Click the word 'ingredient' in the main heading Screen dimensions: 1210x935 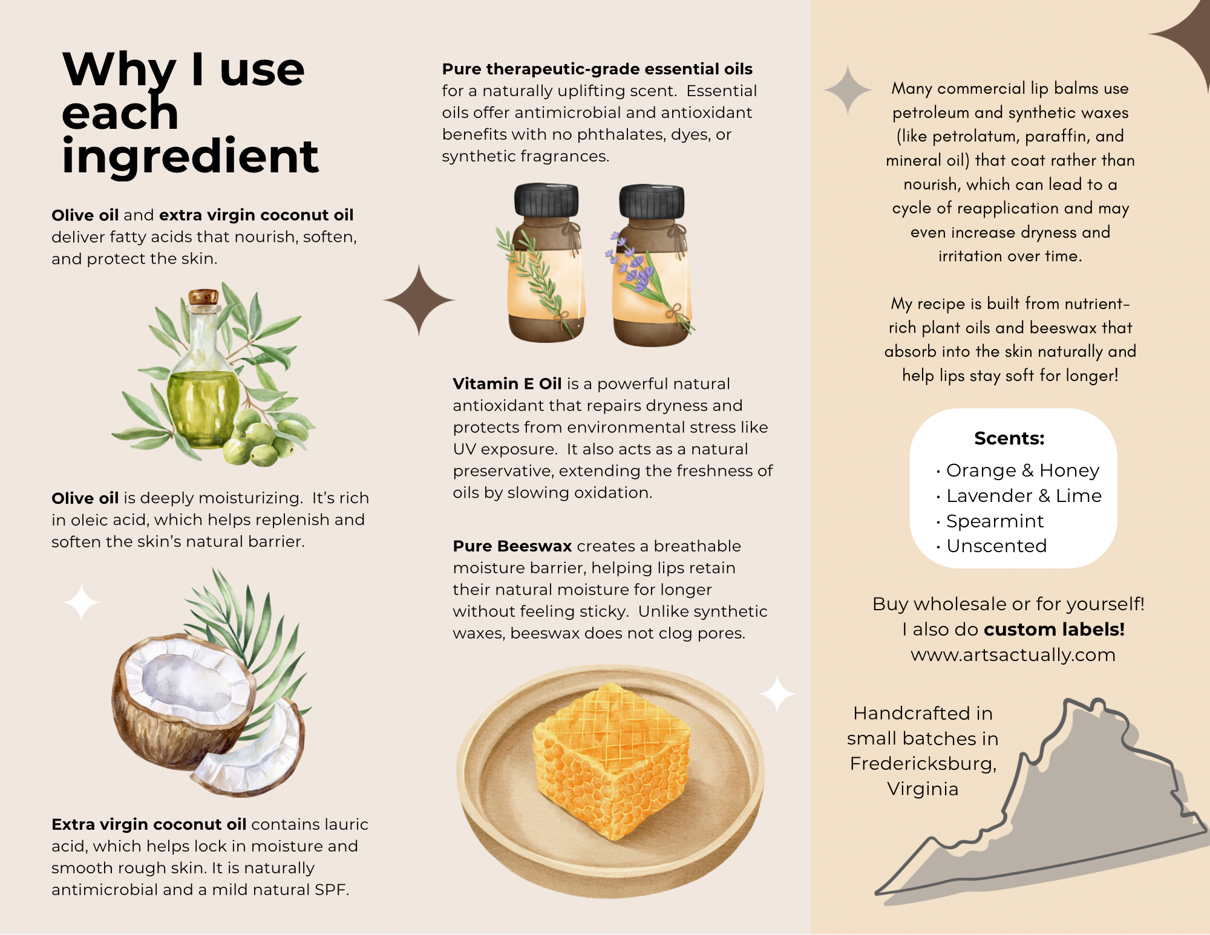coord(190,157)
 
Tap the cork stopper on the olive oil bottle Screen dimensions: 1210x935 coord(203,296)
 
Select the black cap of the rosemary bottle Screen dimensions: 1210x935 coord(546,200)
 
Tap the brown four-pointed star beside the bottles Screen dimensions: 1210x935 coord(419,300)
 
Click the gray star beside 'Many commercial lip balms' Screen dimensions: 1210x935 coord(848,90)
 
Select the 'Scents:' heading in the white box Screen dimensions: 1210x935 coord(1009,438)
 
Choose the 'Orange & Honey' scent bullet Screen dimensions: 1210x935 coord(1018,471)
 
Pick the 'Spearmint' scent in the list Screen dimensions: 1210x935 coord(990,521)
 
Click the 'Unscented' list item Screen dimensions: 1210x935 coord(992,546)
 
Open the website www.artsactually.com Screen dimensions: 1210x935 coord(1013,655)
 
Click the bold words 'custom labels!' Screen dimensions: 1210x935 coord(1055,630)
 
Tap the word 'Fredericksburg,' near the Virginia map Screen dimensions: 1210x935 coord(923,764)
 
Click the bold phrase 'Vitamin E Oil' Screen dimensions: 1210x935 coord(507,384)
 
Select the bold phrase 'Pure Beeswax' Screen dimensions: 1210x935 coord(512,546)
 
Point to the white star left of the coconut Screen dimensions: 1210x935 coord(82,602)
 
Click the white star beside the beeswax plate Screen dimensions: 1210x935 coord(777,694)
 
